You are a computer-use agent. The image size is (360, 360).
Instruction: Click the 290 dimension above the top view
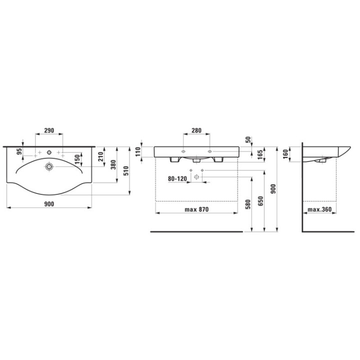coord(49,130)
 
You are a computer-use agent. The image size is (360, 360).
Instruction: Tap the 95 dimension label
coord(19,151)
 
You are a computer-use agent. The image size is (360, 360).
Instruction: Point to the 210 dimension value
coord(100,156)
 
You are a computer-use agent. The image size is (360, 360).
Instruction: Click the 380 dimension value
coord(113,164)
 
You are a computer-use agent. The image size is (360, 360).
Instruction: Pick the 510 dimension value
coord(126,171)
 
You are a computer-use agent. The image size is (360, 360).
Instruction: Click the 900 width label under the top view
coord(49,204)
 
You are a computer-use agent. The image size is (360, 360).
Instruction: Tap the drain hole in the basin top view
coord(49,166)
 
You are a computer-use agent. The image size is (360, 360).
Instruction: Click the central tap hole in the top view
coord(49,152)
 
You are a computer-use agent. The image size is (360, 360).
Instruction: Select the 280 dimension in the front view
coord(196,130)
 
